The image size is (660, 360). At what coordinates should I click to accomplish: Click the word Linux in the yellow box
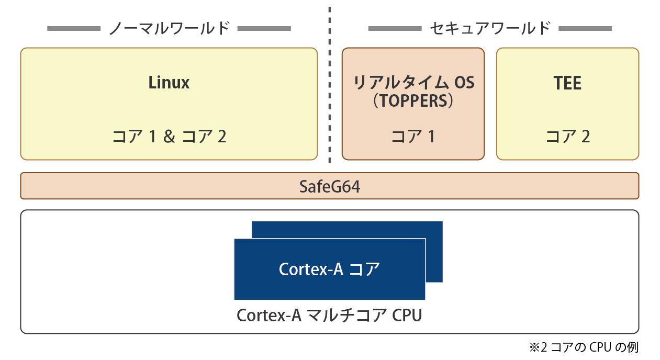[169, 83]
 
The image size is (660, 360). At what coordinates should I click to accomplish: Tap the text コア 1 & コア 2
[169, 137]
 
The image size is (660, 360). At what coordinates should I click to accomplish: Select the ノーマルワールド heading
[169, 28]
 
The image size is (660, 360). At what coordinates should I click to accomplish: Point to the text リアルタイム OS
[413, 83]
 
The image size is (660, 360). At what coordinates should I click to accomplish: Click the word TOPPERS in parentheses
[413, 101]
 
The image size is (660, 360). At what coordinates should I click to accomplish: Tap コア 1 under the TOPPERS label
[413, 137]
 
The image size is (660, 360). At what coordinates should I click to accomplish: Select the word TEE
[567, 83]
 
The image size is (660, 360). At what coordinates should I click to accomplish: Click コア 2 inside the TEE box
[567, 137]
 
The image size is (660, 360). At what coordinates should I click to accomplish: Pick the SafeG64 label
[330, 186]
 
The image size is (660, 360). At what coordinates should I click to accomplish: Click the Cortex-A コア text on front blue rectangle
[329, 269]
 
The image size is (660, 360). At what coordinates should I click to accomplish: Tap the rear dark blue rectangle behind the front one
[434, 251]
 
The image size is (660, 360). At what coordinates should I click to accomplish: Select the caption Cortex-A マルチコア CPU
[329, 316]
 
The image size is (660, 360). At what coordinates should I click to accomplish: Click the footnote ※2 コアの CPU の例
[584, 347]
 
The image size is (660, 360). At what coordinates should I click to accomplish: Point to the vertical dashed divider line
[330, 84]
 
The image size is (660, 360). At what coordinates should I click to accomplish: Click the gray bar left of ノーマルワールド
[73, 28]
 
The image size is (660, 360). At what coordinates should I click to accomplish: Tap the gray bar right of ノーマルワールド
[264, 28]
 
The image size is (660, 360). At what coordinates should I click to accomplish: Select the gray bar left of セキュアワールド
[395, 28]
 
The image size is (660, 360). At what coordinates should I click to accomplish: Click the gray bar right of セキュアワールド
[585, 28]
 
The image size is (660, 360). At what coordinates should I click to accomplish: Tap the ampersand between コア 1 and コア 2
[169, 137]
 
